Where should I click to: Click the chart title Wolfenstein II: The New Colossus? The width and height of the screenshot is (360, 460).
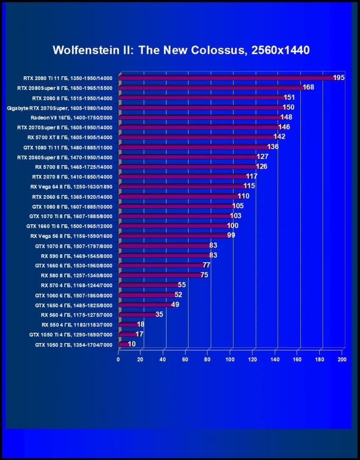(181, 50)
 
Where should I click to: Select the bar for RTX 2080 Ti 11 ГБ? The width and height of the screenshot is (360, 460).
(227, 78)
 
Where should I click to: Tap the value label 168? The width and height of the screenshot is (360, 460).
(308, 87)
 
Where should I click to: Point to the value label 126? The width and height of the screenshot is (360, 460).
(261, 167)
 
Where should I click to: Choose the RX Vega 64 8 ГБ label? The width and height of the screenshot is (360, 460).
(71, 186)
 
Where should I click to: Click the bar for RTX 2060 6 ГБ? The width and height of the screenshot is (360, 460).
(180, 196)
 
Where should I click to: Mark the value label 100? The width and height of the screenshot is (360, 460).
(233, 226)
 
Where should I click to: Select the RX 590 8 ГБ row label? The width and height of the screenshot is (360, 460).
(77, 256)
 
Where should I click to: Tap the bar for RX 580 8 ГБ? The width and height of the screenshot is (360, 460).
(161, 275)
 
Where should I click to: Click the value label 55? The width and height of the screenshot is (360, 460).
(182, 285)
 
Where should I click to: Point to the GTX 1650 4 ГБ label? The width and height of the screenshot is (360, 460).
(74, 305)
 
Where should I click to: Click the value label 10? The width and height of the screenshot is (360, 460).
(131, 344)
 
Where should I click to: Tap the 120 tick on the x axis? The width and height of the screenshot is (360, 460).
(252, 360)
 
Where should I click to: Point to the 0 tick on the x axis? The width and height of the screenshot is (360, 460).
(118, 360)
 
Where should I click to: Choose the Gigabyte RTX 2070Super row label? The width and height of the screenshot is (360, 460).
(60, 107)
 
